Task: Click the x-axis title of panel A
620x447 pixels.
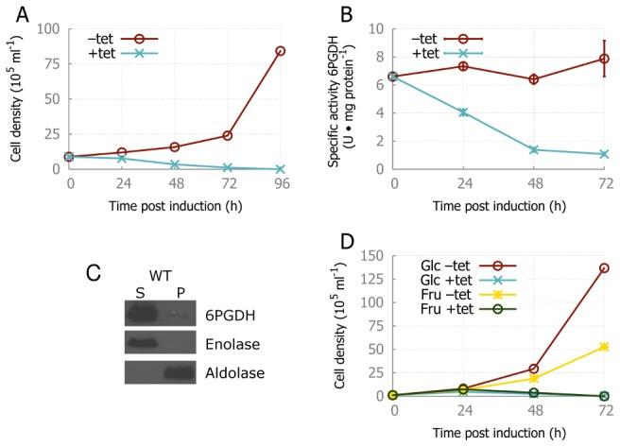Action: [x=176, y=207]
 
